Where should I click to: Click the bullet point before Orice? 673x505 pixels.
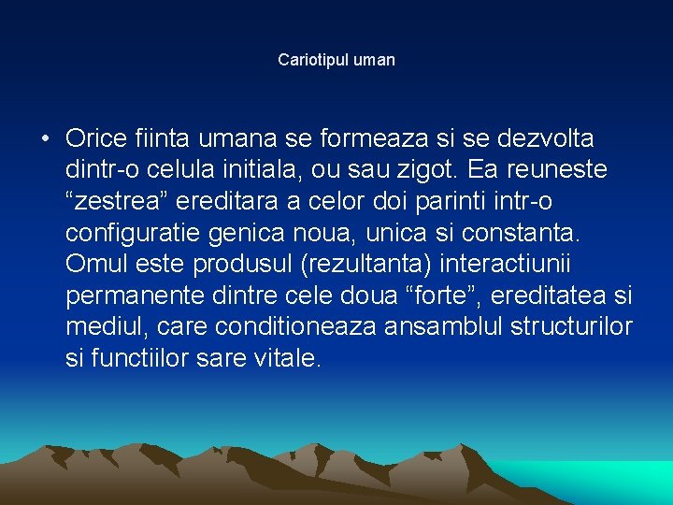tap(45, 139)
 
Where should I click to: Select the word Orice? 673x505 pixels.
tap(96, 139)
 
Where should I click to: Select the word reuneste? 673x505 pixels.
tap(558, 170)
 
